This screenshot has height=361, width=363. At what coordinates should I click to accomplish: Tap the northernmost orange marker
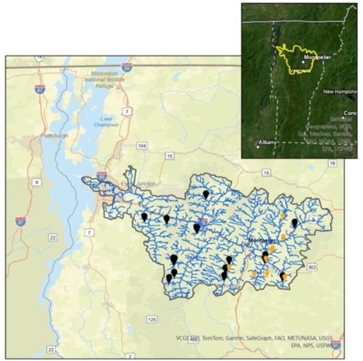coord(284,216)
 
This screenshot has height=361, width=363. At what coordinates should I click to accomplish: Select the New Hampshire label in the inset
coord(337,92)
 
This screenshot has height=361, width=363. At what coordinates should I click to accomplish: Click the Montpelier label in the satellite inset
coord(317,57)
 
